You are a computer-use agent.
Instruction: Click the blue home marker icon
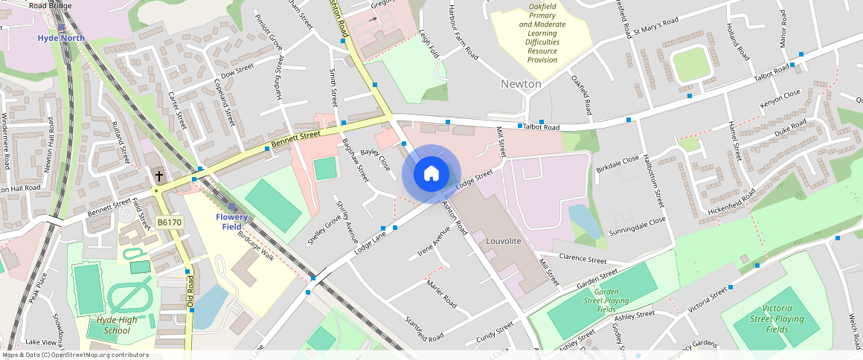[x=431, y=174]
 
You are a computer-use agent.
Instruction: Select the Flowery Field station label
[x=232, y=221]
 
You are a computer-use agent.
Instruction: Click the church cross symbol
[x=158, y=176]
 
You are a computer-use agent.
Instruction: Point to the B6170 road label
[x=170, y=222]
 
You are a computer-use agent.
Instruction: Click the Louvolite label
[x=503, y=242]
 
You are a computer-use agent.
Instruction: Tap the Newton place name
[x=521, y=84]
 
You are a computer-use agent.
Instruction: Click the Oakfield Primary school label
[x=542, y=33]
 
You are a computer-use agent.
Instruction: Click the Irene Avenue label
[x=434, y=240]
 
